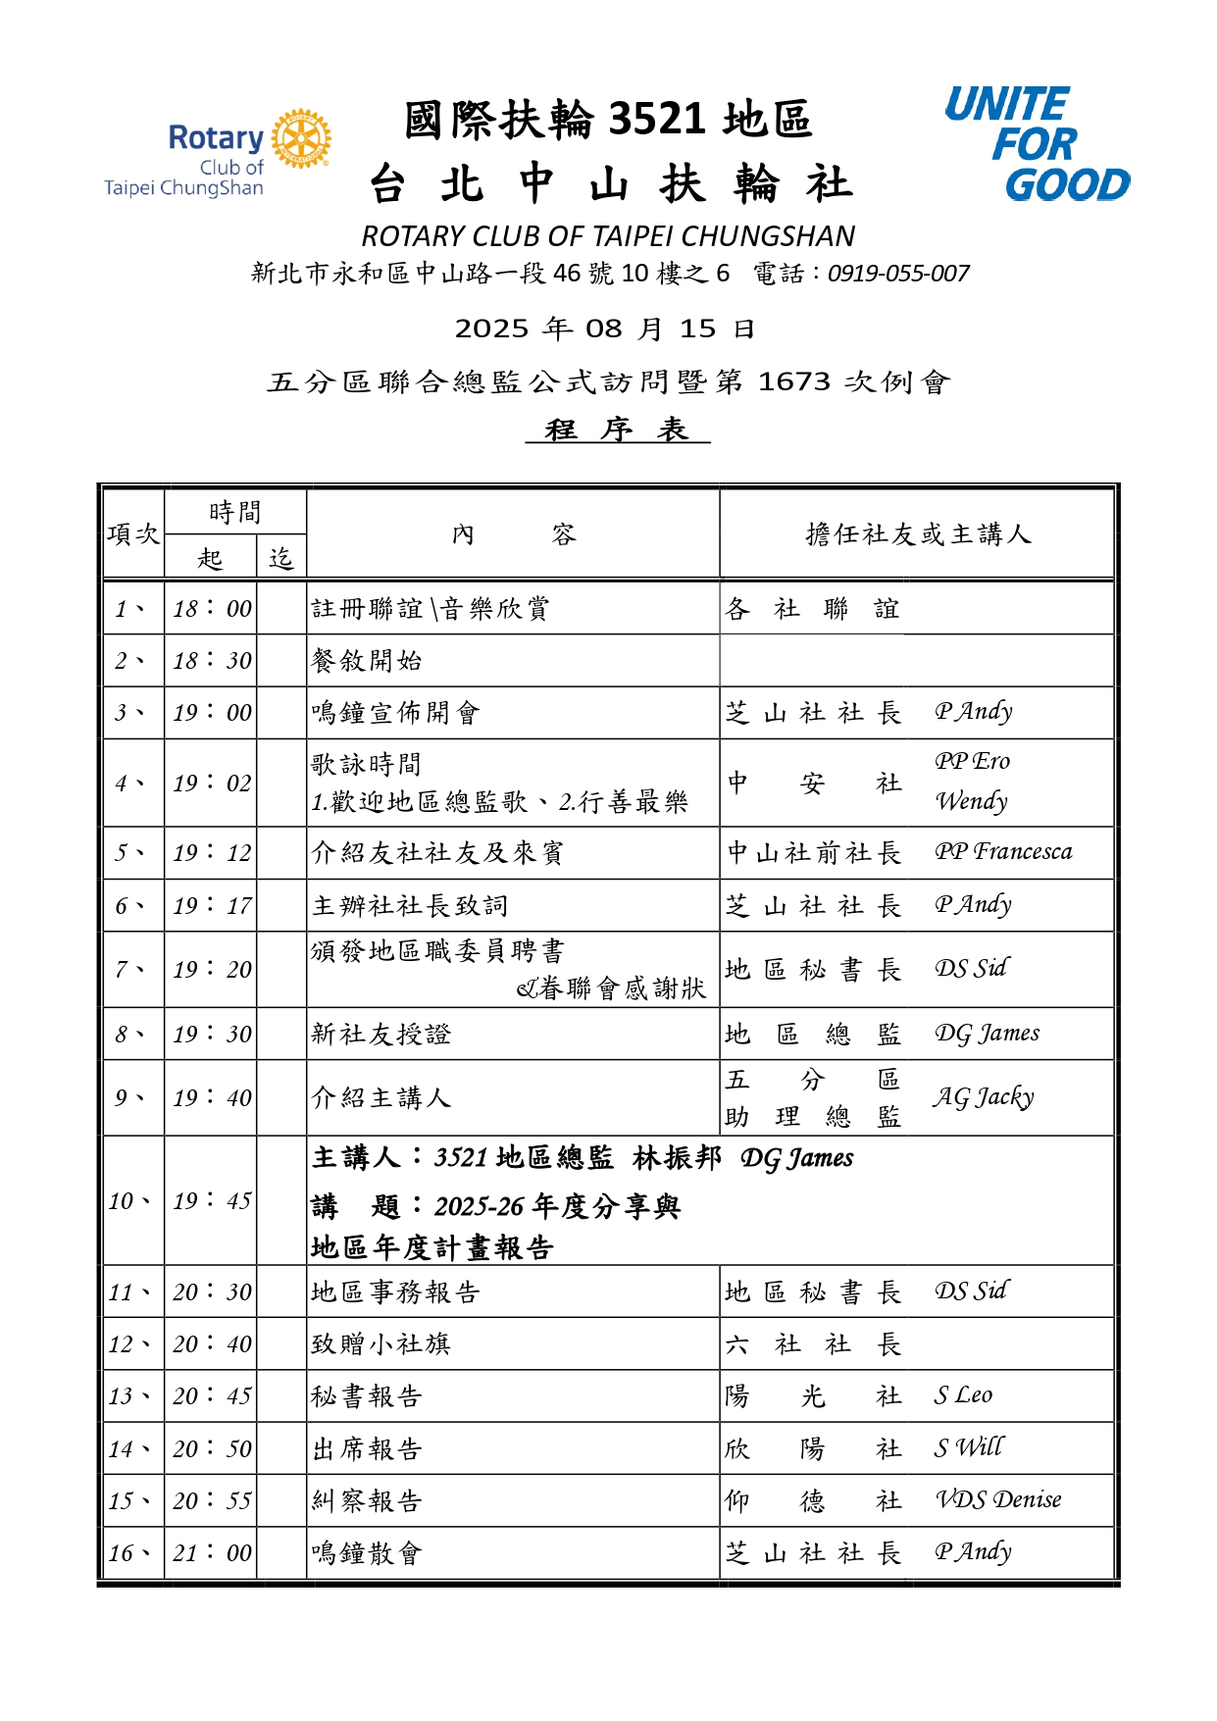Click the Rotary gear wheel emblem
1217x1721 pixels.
click(301, 139)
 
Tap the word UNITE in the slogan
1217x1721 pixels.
click(1005, 104)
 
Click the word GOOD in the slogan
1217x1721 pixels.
click(1067, 184)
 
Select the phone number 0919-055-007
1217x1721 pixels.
click(898, 274)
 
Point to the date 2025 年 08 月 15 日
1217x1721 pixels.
click(604, 329)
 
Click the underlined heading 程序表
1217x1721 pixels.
click(617, 430)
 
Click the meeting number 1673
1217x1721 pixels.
click(794, 381)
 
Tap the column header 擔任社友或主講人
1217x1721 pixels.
click(918, 534)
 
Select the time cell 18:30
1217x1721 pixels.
click(212, 661)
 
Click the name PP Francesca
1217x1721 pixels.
click(1003, 851)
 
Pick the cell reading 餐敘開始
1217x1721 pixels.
click(367, 661)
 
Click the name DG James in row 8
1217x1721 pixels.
click(987, 1034)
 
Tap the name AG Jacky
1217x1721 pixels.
click(983, 1097)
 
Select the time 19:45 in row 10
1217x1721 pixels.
click(212, 1201)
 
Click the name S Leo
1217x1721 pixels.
click(963, 1395)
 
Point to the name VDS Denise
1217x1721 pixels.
click(998, 1499)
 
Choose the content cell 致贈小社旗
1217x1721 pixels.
click(380, 1343)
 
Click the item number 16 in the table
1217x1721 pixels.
click(122, 1553)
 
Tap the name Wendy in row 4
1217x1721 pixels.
click(971, 801)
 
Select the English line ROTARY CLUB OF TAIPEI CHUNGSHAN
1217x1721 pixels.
click(608, 236)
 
